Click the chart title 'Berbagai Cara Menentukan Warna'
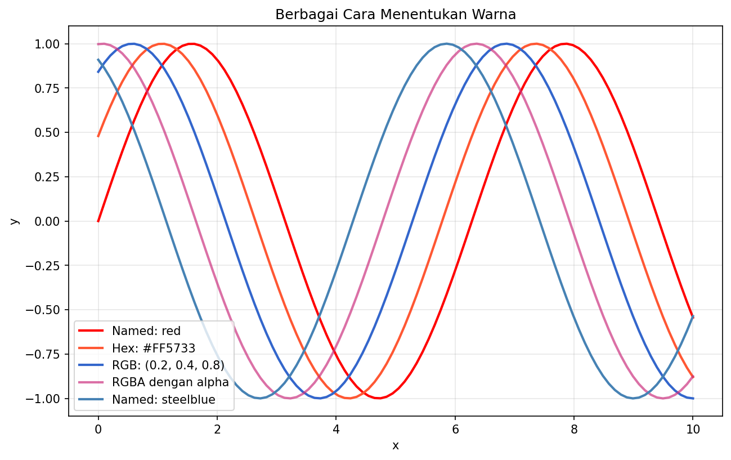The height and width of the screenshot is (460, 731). point(395,15)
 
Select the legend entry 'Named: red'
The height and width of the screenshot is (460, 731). point(146,331)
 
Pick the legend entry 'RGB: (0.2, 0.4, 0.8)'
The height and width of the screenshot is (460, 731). point(168,365)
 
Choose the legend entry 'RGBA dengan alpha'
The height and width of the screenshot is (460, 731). point(170,382)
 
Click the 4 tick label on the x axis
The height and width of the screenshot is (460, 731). point(336,430)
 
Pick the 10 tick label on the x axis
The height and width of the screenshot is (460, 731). point(693,430)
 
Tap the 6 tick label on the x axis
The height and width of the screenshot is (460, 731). point(455,430)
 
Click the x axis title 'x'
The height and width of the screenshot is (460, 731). point(396,446)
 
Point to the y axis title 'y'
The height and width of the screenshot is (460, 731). point(15,221)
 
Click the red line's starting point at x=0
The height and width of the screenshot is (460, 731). point(98,221)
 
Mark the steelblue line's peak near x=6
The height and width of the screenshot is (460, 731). point(447,44)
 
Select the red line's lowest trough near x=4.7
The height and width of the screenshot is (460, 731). point(378,399)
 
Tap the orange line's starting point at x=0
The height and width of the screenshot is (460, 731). point(98,136)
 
